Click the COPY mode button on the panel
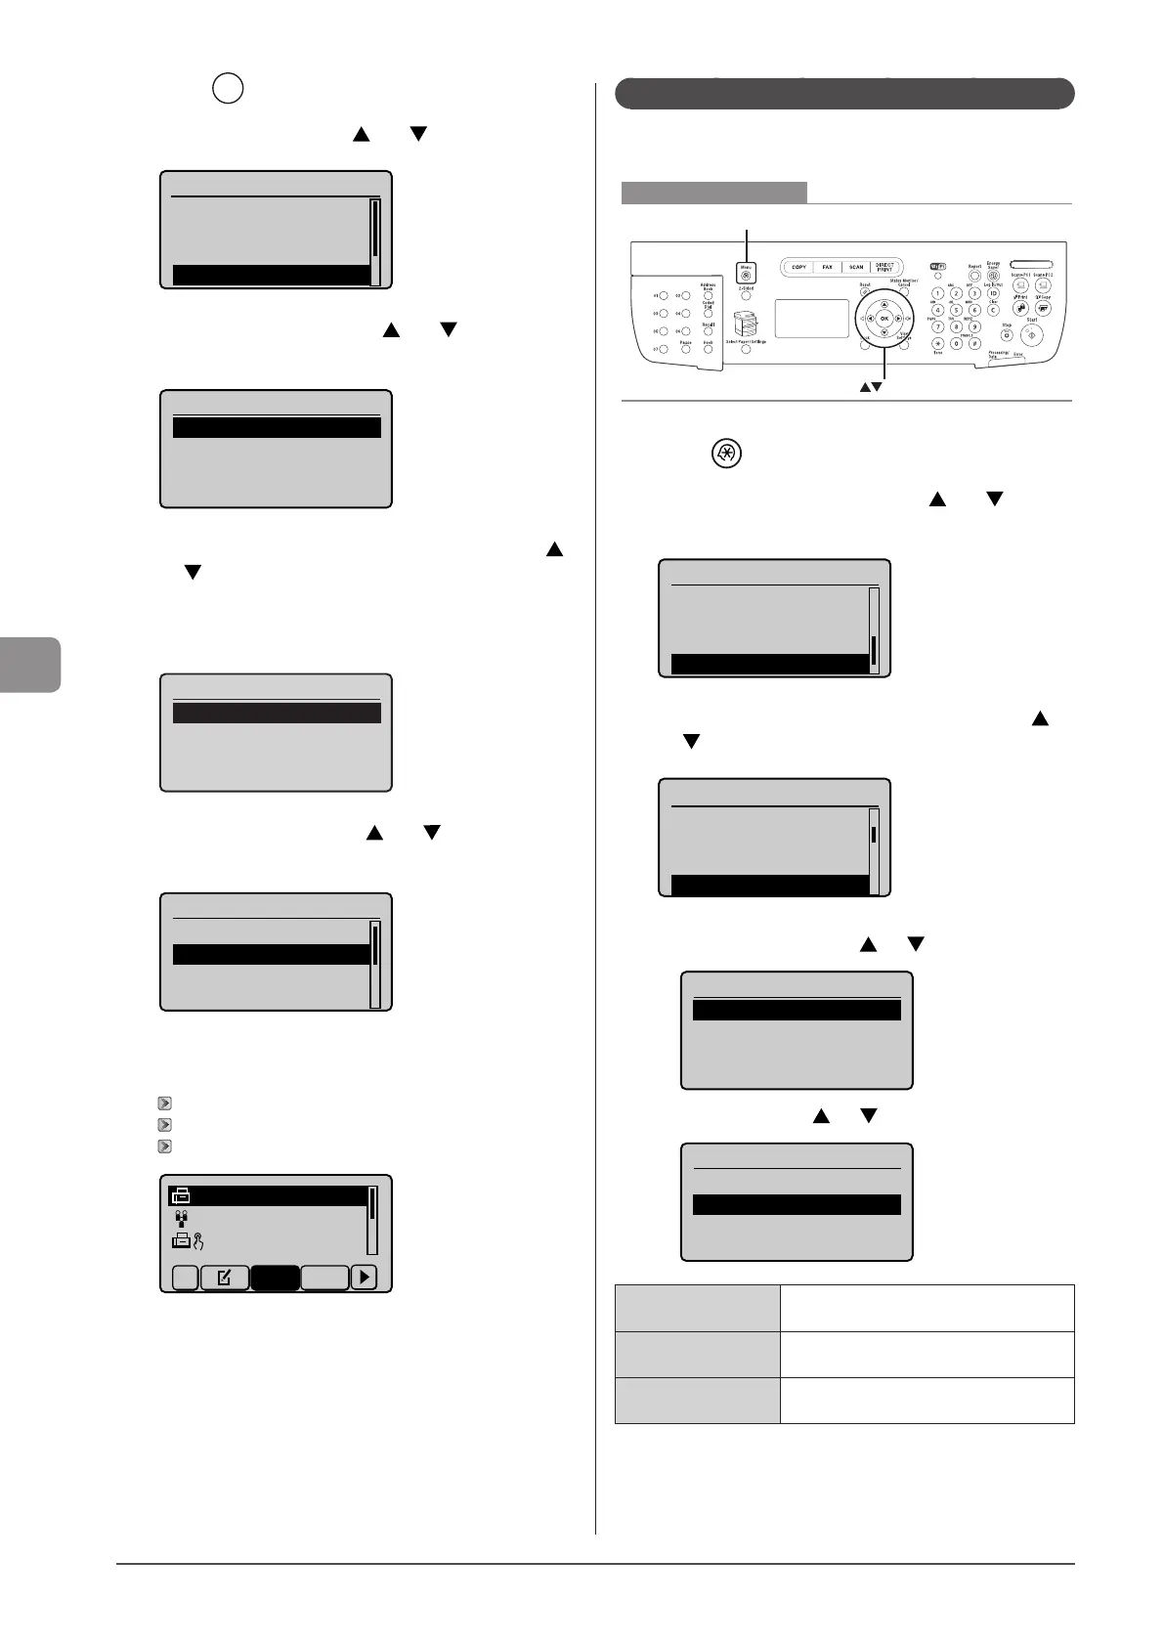point(798,267)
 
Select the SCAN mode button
point(856,267)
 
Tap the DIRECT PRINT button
point(885,267)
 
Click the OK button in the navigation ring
point(884,319)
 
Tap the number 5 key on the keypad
point(956,311)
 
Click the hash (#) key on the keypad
point(974,344)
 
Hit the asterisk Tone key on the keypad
point(937,344)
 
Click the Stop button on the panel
point(1006,335)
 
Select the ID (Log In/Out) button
point(993,294)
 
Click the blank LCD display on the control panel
point(811,319)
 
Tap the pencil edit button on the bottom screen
point(224,1278)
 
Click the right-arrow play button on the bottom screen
point(364,1278)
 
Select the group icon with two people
point(181,1219)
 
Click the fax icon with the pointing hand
point(187,1242)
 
